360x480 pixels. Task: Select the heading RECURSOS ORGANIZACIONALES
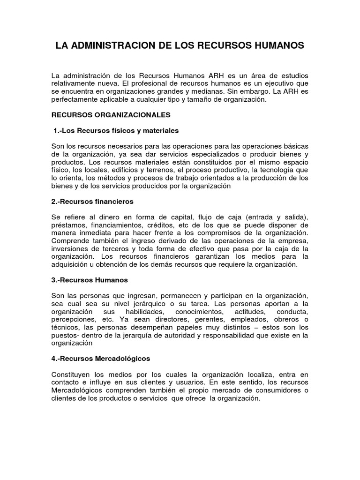111,114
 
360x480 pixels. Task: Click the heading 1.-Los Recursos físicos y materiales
115,130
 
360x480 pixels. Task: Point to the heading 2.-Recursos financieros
92,201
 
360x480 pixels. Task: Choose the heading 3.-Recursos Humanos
90,280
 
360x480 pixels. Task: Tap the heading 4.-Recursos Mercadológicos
101,358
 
